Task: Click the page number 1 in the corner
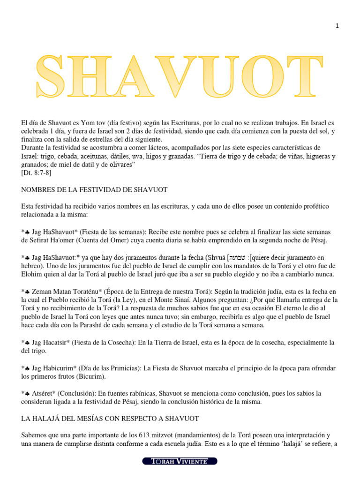point(337,26)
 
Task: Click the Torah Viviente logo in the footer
point(180,461)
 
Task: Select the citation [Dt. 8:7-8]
point(37,172)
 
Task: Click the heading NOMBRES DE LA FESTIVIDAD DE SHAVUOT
point(94,189)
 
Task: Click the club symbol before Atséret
point(27,393)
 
